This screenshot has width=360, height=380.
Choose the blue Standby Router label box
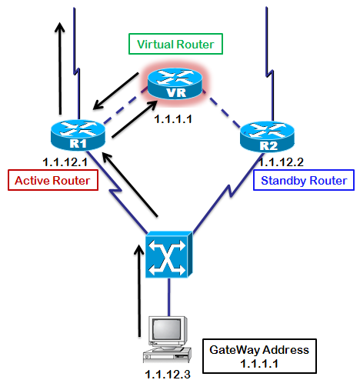[x=303, y=182]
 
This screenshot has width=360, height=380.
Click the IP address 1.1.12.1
[x=68, y=162]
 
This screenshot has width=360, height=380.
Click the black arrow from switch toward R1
[x=131, y=185]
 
